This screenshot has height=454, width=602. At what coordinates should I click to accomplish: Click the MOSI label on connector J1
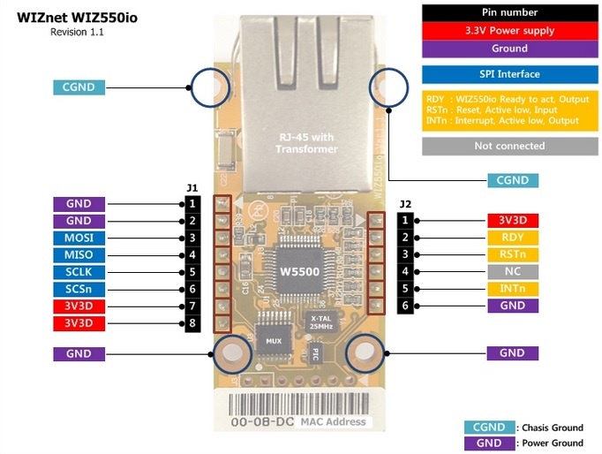click(79, 238)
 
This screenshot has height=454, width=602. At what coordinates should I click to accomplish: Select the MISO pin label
click(79, 255)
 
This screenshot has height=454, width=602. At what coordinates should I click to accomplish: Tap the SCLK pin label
click(79, 272)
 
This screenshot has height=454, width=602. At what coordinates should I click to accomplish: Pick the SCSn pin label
click(79, 290)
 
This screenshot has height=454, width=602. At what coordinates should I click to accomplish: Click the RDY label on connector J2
click(513, 238)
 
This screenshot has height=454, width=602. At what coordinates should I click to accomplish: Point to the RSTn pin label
click(513, 254)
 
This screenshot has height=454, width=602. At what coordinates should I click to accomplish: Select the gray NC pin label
click(513, 271)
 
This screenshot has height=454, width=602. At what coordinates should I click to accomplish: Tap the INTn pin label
click(513, 289)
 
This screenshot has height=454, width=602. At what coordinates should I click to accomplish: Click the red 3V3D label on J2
click(513, 221)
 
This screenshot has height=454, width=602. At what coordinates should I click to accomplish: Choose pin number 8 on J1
click(192, 323)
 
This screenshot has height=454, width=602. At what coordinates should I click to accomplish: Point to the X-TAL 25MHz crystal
click(320, 322)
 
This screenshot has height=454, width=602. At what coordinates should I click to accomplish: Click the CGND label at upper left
click(79, 87)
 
